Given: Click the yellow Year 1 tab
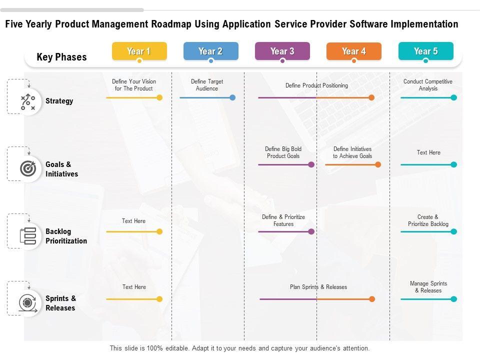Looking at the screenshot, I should click(139, 51).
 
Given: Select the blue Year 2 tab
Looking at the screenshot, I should click(210, 51).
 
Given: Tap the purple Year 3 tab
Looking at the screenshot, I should click(282, 51).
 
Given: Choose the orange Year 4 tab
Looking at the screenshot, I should click(353, 51).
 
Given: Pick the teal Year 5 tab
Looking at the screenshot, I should click(425, 51).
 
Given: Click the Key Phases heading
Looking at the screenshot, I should click(61, 57).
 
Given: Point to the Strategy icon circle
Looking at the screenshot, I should click(27, 101).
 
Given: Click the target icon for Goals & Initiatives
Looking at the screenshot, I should click(27, 169).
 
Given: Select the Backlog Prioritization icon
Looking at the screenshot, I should click(27, 236).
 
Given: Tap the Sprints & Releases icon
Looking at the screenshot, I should click(27, 303).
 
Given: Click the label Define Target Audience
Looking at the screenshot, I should click(207, 85).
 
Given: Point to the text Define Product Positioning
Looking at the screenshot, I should click(316, 85).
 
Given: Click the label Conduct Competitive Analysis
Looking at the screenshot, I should click(428, 85).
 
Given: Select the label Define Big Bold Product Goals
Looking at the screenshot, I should click(283, 152).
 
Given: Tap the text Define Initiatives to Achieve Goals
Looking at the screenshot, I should click(352, 152).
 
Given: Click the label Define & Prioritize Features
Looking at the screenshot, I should click(283, 220).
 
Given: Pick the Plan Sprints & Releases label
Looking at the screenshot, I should click(318, 287).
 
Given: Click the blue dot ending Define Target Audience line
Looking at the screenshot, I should click(232, 97).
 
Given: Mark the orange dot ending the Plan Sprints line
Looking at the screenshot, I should click(372, 299).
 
